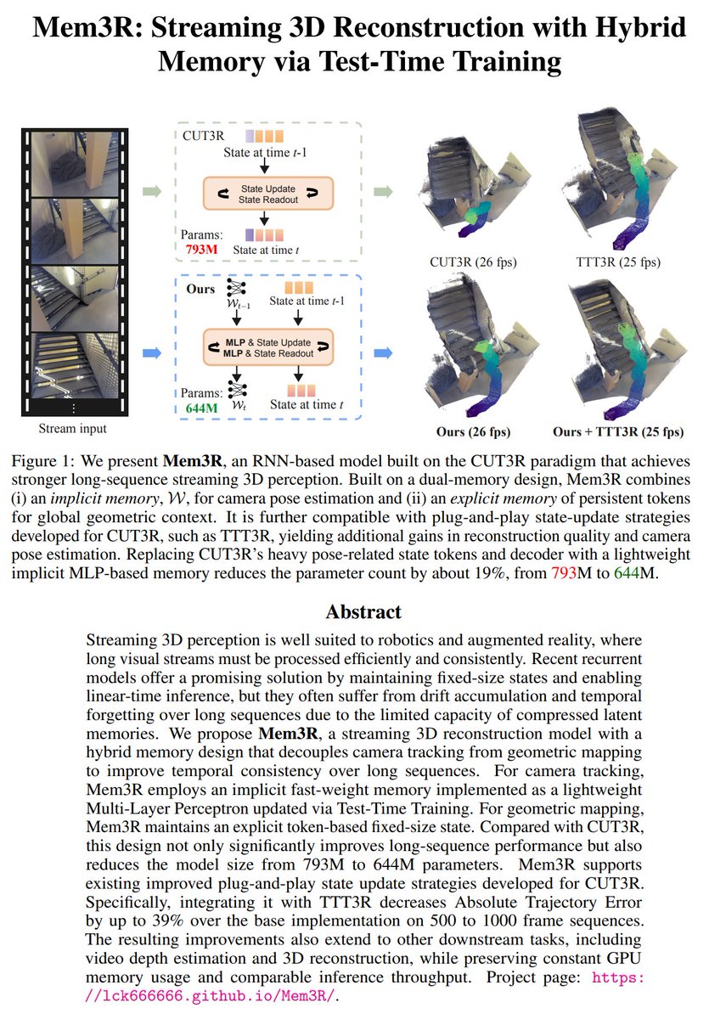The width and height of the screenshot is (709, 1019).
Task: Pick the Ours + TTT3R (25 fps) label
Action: tap(617, 431)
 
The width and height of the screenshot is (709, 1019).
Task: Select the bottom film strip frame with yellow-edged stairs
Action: tap(78, 367)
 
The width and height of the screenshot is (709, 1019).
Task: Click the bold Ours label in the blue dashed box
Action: tap(200, 289)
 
